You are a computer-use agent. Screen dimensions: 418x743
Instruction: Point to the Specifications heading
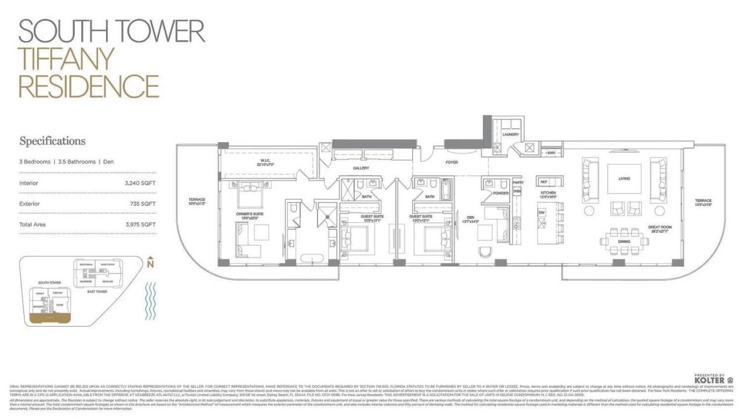coord(52,141)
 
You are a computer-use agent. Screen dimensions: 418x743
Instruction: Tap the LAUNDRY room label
coord(511,135)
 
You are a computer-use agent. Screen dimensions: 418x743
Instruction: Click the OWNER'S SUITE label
coord(250,214)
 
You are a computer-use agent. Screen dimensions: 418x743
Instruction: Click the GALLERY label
coord(361,168)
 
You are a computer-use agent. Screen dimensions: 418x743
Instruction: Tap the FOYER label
coord(452,163)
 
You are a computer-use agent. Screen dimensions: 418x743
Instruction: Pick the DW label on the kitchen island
coord(541,213)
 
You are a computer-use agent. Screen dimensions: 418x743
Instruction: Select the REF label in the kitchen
coord(543,182)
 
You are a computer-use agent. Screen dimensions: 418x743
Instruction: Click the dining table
coord(625,242)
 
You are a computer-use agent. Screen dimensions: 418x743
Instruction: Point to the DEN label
coord(471,218)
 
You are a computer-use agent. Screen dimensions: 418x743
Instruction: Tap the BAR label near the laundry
coord(551,153)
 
